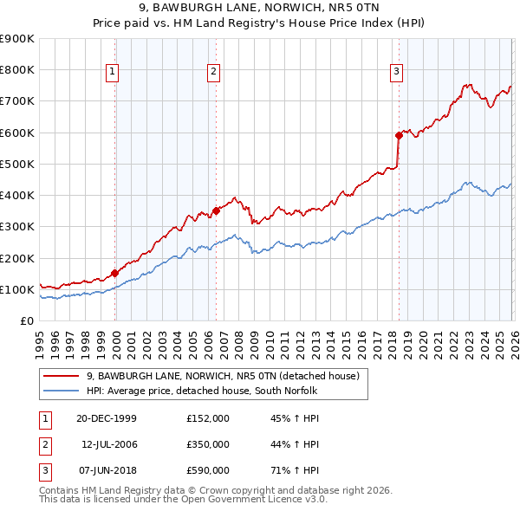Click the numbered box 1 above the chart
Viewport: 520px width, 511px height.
point(114,73)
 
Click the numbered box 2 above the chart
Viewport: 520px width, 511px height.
point(213,73)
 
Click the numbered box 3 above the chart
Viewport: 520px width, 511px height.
point(396,73)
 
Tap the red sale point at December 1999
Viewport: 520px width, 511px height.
point(115,273)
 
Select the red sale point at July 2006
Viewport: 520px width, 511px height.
point(216,210)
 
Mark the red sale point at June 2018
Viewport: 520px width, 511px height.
point(399,135)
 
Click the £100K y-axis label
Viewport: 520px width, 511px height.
point(17,289)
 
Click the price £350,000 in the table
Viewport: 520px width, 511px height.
point(208,444)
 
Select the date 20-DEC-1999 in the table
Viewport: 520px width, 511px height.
point(107,418)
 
